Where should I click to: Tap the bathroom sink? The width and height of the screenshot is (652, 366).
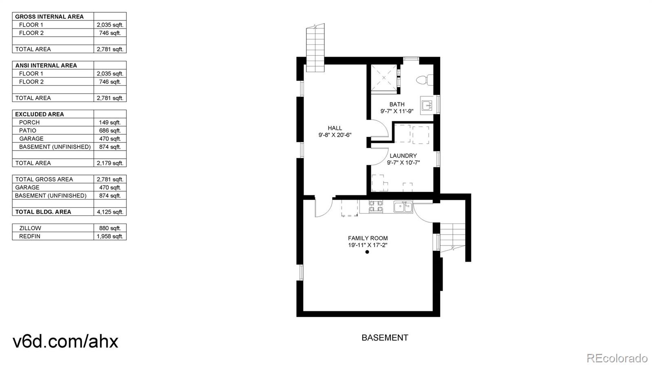(427, 105)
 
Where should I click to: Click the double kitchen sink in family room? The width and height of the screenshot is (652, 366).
(403, 207)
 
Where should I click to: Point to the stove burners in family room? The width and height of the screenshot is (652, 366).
(376, 206)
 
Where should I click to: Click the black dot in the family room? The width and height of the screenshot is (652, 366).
(367, 252)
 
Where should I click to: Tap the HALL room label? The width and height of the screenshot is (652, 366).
(335, 128)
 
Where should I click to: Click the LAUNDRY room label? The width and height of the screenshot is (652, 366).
(403, 156)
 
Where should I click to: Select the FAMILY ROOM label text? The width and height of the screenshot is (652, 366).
(368, 238)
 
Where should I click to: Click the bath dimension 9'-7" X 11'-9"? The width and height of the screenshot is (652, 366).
(397, 111)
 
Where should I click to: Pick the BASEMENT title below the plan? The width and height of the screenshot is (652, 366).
(385, 338)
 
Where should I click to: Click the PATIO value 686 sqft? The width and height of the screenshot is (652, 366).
(110, 130)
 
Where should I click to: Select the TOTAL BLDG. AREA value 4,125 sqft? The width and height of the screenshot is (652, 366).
(110, 212)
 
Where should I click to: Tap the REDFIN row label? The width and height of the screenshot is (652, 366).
(30, 236)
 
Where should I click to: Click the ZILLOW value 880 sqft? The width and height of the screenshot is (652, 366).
(110, 228)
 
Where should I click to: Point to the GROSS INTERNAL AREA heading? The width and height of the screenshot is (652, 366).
(49, 17)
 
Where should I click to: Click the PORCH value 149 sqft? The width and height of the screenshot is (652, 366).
(110, 122)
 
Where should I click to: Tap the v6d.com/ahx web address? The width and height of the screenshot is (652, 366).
(66, 341)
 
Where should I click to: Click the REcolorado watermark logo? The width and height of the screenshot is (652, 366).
(617, 358)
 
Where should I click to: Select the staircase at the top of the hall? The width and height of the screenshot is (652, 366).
(315, 48)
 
